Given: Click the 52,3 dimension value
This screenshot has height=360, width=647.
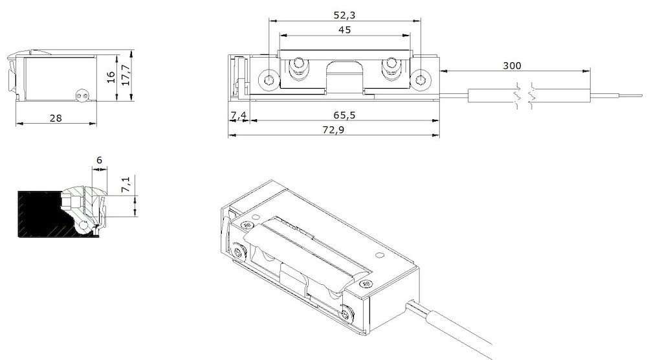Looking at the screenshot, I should pyautogui.click(x=344, y=14).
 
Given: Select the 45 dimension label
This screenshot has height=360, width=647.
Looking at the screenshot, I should pyautogui.click(x=344, y=30).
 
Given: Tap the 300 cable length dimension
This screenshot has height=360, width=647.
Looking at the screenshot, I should pyautogui.click(x=511, y=65).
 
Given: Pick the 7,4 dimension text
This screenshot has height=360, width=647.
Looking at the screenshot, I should pyautogui.click(x=238, y=115).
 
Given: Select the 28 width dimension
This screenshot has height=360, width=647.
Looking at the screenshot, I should pyautogui.click(x=55, y=117).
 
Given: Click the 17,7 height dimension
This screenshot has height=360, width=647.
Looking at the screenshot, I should pyautogui.click(x=126, y=74).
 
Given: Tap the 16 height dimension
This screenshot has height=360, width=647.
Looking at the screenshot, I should pyautogui.click(x=111, y=76).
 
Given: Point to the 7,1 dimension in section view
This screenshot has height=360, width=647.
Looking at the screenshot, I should pyautogui.click(x=127, y=185).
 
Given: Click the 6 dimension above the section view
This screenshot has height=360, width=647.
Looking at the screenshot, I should pyautogui.click(x=99, y=160).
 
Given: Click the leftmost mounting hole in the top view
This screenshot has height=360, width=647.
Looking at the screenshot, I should pyautogui.click(x=269, y=80).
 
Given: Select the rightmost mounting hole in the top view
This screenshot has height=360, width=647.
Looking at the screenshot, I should pyautogui.click(x=421, y=80).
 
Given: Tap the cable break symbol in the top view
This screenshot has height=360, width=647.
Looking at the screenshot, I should pyautogui.click(x=523, y=95).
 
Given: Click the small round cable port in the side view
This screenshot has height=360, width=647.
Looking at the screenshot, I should pyautogui.click(x=81, y=95).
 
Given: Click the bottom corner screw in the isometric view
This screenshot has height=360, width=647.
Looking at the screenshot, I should pyautogui.click(x=349, y=314).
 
